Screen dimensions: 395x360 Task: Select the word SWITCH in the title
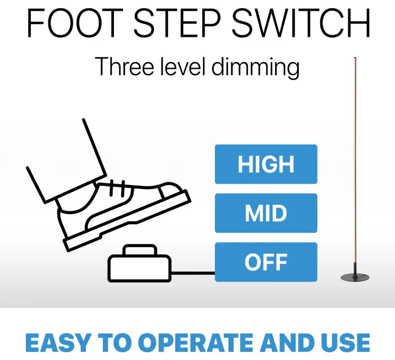click(x=301, y=23)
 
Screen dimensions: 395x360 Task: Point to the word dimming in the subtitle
click(x=255, y=67)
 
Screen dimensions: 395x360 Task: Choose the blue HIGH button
click(x=266, y=164)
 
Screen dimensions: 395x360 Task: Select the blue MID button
click(x=266, y=213)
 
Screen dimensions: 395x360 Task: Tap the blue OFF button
click(x=266, y=262)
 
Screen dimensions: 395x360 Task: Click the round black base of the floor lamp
click(x=355, y=278)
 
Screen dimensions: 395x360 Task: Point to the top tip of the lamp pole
click(x=355, y=58)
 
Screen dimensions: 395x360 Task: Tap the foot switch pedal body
click(x=140, y=268)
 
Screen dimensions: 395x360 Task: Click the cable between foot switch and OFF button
click(x=193, y=273)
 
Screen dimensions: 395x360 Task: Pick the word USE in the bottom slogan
click(x=345, y=343)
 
